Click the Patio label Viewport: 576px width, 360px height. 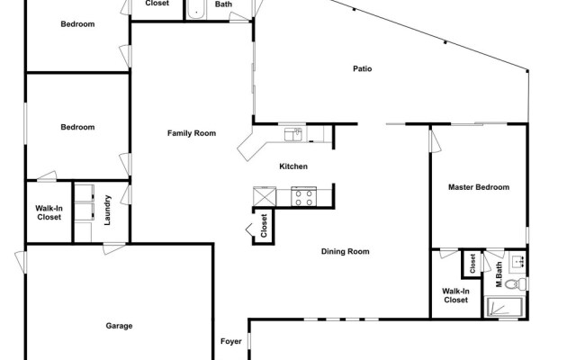(363, 68)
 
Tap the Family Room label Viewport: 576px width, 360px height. (192, 133)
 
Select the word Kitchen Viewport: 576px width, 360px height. (294, 166)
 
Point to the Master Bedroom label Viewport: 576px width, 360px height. (479, 187)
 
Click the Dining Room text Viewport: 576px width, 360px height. (346, 251)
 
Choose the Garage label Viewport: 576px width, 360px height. (119, 326)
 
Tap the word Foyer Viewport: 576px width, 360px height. (231, 341)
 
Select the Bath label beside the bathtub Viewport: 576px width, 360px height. (223, 4)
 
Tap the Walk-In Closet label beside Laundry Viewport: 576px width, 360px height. (49, 211)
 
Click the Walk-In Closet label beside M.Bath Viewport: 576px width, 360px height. (455, 295)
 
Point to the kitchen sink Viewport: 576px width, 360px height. (292, 135)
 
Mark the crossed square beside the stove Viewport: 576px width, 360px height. (264, 196)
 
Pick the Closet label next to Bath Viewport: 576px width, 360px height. (157, 4)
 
